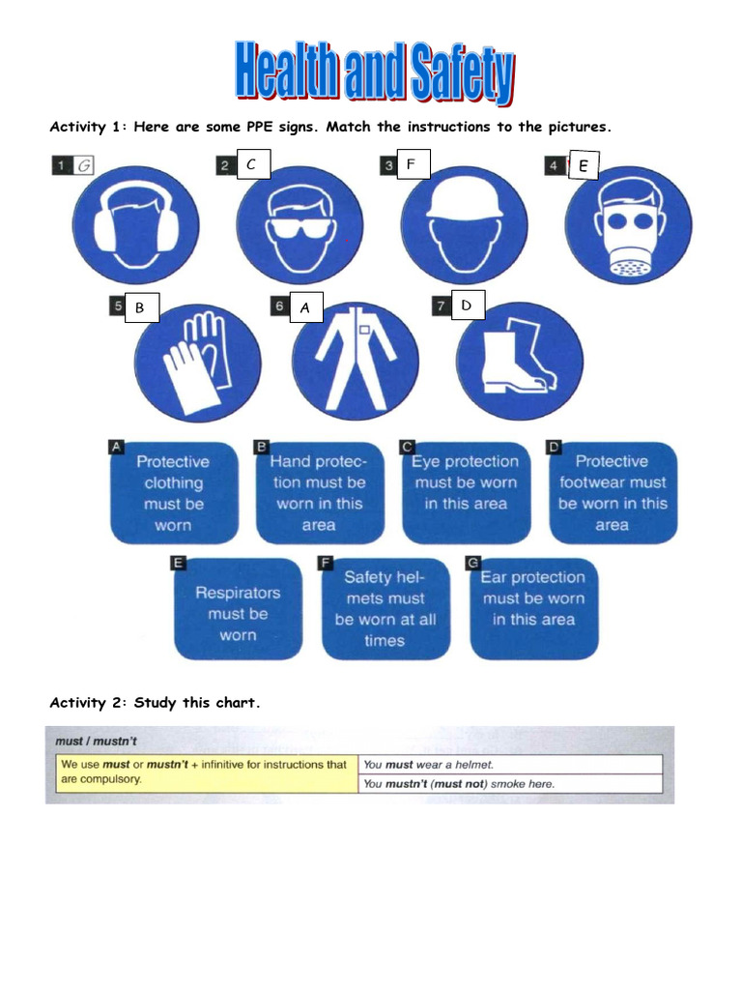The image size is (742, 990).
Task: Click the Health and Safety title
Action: click(374, 73)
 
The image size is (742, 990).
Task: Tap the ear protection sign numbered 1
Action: click(135, 226)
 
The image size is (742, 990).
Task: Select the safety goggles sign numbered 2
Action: click(300, 226)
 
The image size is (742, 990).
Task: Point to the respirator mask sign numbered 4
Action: click(628, 228)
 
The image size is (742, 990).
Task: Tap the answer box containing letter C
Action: click(251, 165)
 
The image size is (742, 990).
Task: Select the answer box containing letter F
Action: click(411, 165)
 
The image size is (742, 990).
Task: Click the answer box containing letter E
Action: click(583, 166)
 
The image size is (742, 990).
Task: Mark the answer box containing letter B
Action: click(140, 307)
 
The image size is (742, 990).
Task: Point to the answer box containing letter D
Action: click(467, 306)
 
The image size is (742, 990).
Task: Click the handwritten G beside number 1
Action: click(85, 165)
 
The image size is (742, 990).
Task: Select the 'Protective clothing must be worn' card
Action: click(173, 493)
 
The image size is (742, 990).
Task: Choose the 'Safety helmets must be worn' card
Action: click(385, 608)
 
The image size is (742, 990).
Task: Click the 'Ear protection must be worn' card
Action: click(534, 608)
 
